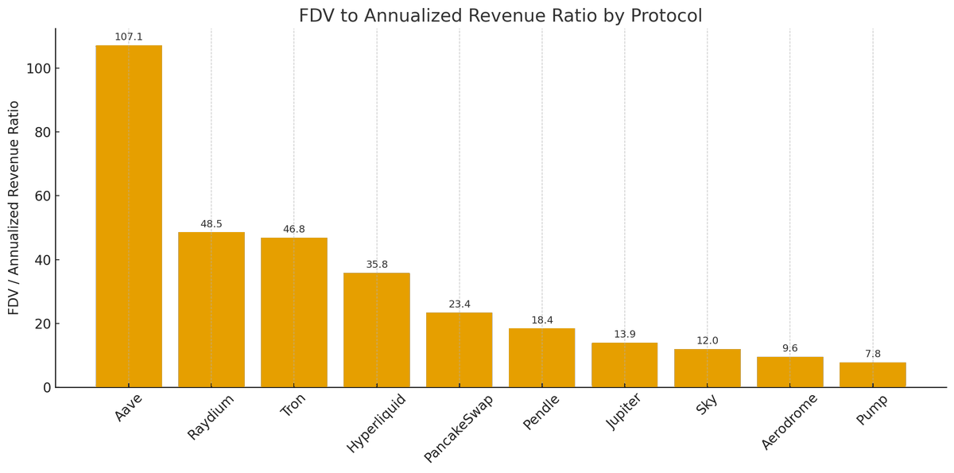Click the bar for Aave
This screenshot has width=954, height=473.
[x=129, y=216]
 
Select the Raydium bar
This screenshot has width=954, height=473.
[x=211, y=309]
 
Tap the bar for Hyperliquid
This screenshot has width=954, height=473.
[x=377, y=330]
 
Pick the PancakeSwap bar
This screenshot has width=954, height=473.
[x=460, y=350]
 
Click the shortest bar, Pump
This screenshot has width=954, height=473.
[x=873, y=375]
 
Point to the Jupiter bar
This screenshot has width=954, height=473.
[x=625, y=365]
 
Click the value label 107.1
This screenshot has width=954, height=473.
[x=129, y=37]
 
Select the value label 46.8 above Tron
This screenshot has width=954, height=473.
[x=294, y=230]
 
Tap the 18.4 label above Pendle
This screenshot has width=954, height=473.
[x=542, y=320]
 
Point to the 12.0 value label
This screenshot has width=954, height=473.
[x=708, y=341]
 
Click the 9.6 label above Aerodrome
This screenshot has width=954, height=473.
[x=790, y=349]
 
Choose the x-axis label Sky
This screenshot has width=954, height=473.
[x=707, y=405]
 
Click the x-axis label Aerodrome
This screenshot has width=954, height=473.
[x=789, y=421]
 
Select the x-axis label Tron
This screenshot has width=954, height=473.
[x=293, y=405]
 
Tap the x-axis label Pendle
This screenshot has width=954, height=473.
[x=541, y=412]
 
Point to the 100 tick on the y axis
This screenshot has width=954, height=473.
[x=38, y=68]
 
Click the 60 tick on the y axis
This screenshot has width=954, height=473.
[x=42, y=196]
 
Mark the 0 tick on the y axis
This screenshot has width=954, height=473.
[x=47, y=388]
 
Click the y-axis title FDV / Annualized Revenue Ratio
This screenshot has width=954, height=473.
[x=14, y=207]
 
